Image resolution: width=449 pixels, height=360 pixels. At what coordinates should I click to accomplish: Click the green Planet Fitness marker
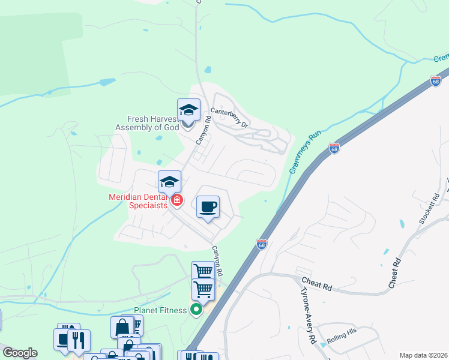click(x=196, y=310)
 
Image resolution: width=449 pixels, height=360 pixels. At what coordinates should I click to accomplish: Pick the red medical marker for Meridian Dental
click(x=177, y=200)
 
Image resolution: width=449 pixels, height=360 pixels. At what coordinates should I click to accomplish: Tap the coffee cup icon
click(x=208, y=207)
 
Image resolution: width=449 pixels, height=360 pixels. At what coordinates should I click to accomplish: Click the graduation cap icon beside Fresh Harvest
click(x=188, y=110)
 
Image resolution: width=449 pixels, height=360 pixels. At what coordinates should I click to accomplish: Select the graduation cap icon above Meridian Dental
click(x=170, y=182)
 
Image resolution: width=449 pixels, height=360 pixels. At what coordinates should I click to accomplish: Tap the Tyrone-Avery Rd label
click(x=307, y=314)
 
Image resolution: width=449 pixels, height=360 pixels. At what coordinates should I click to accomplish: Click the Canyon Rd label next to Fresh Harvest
click(x=203, y=130)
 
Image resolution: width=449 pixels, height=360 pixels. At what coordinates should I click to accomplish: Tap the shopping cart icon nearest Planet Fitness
click(x=203, y=289)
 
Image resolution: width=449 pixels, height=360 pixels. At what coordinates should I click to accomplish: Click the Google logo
click(x=19, y=353)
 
